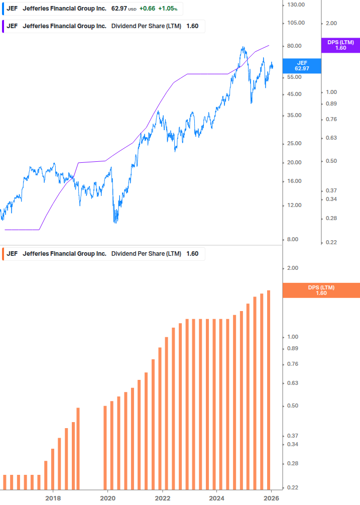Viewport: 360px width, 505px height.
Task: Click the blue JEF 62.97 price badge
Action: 301,65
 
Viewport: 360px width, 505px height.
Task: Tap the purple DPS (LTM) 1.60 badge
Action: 340,45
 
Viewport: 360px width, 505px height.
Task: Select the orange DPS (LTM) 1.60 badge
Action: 321,290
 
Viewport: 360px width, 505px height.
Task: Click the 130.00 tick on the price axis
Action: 295,5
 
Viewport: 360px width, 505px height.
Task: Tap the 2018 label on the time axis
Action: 53,498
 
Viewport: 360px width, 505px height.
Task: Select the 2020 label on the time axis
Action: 107,498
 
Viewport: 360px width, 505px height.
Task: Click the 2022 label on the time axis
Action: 162,498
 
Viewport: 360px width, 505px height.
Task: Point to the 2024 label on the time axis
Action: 216,498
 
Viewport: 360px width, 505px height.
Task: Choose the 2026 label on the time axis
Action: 271,498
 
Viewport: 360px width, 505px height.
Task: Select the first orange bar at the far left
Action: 5,482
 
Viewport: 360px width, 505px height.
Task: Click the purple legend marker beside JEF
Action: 3,26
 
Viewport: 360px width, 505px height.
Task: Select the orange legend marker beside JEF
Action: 3,254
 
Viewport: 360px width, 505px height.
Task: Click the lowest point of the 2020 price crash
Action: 116,222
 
